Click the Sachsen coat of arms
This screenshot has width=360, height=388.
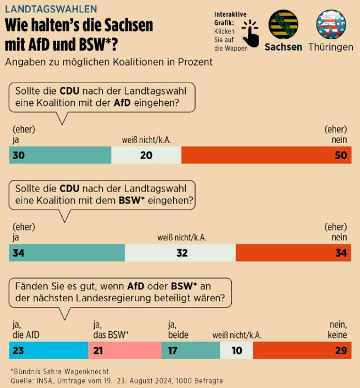283,25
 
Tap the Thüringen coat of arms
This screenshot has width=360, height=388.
331,25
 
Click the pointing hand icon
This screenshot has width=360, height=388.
251,33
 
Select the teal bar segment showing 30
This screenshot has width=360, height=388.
60,155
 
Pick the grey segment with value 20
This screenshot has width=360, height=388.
146,155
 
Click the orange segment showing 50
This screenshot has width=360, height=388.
266,155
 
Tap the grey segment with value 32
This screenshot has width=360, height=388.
181,253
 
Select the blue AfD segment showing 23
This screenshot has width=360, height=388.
48,350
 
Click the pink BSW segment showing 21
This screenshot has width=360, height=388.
125,350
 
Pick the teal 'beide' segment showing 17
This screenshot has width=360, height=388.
190,350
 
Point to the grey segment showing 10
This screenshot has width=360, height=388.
236,350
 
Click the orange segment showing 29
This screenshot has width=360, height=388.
302,350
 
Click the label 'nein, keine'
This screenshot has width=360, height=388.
338,330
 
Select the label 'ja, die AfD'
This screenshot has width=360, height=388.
26,330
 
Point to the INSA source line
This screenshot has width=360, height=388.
116,380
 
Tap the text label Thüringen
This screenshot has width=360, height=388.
331,47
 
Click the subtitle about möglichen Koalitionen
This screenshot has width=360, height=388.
109,62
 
